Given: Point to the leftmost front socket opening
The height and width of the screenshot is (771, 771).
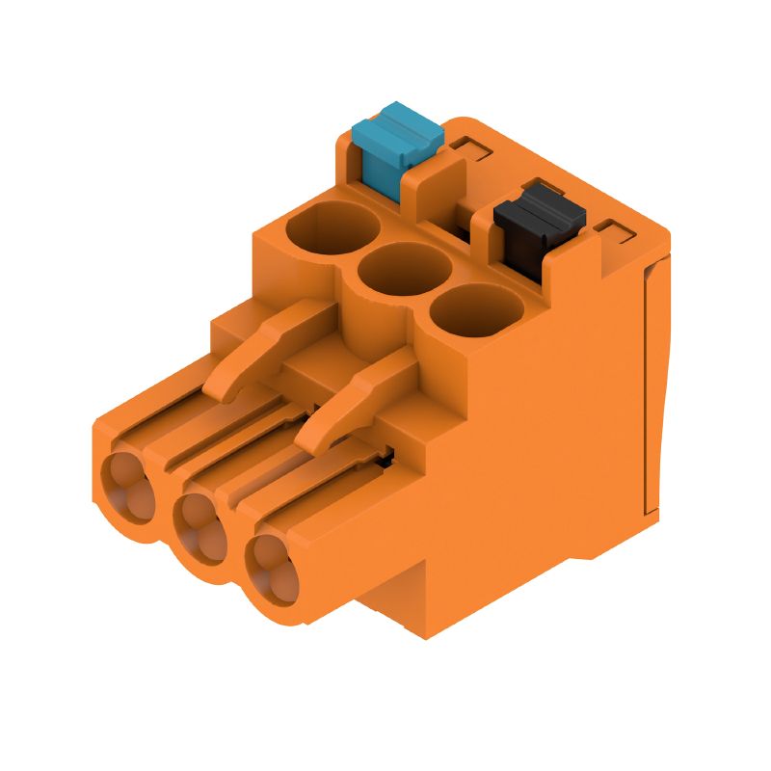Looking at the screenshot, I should click(126, 482).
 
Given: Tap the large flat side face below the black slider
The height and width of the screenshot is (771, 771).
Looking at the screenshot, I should click(540, 434).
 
